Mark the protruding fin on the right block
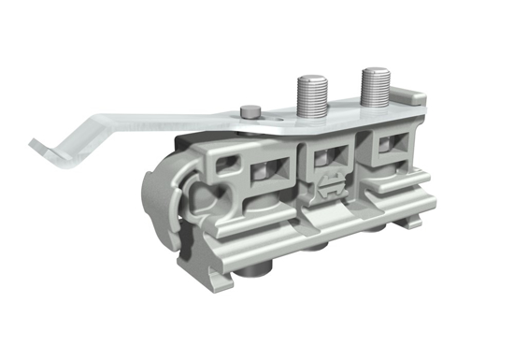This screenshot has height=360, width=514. pos(411,178)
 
